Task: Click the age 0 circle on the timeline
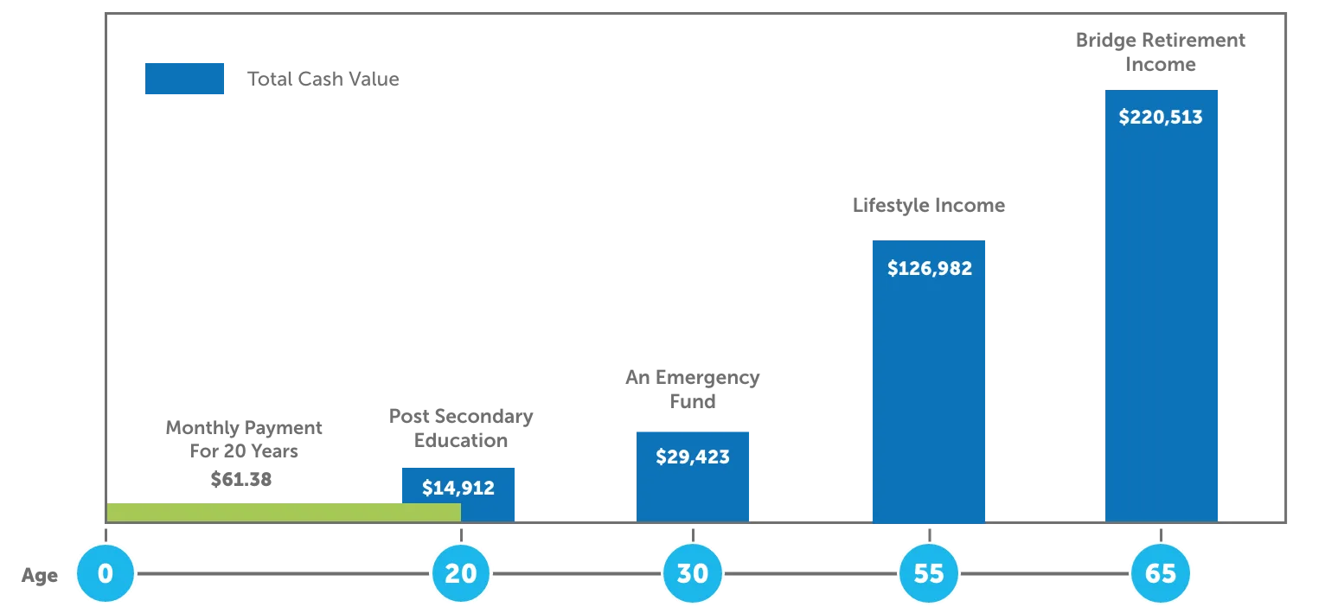click(x=106, y=572)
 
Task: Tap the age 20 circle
click(x=460, y=572)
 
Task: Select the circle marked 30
click(x=693, y=572)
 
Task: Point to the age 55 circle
click(x=929, y=572)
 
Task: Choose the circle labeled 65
click(x=1161, y=572)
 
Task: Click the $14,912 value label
click(x=458, y=488)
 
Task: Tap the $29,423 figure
click(x=693, y=457)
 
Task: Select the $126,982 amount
click(x=930, y=268)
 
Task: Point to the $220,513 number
click(x=1161, y=117)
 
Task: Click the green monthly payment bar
click(x=284, y=512)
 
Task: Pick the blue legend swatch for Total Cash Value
click(x=185, y=79)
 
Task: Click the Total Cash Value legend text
click(x=323, y=80)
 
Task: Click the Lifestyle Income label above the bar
click(x=930, y=206)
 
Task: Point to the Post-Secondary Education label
click(x=463, y=428)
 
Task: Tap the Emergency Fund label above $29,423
click(x=692, y=390)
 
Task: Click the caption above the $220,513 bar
click(x=1161, y=52)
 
